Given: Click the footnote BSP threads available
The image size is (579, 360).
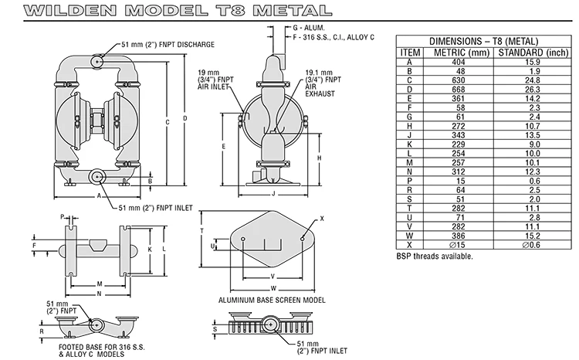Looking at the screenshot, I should coord(435,256).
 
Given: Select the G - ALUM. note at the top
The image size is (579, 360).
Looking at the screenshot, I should coord(290,27).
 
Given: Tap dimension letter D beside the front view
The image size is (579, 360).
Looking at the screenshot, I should coord(184,118).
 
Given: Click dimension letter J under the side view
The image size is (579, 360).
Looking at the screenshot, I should coord(274,194).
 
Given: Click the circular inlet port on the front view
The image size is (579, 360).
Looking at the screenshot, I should coord(98,178).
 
